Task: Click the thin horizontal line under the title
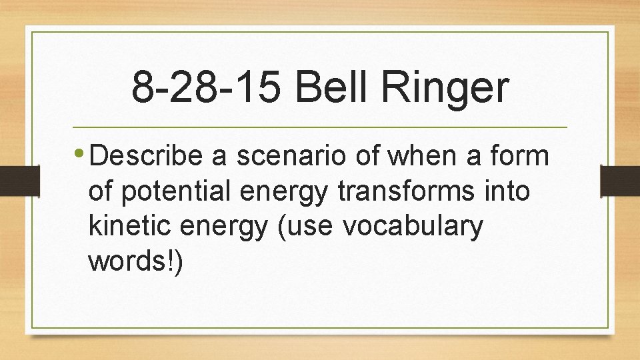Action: tap(319, 127)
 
